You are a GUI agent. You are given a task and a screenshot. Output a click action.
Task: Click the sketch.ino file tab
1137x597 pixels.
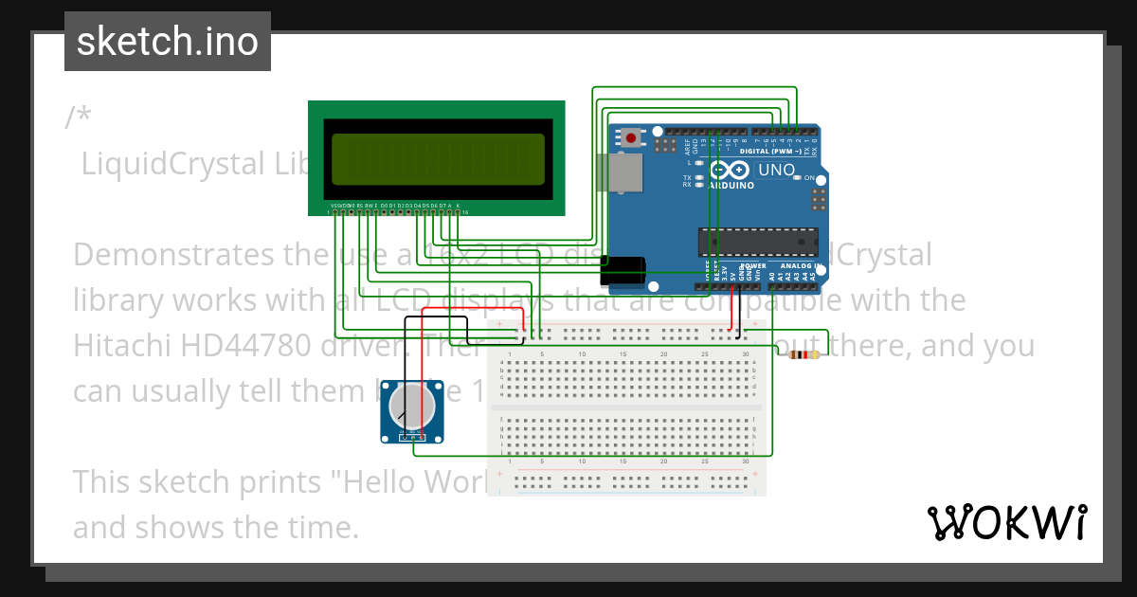pos(168,42)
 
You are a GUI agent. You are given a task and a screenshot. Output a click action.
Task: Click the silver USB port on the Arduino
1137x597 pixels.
pos(623,174)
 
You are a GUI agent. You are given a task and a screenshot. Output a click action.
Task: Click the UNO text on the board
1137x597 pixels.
pos(776,171)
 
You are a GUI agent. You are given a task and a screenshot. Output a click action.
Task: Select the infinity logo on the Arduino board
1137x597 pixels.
pos(728,172)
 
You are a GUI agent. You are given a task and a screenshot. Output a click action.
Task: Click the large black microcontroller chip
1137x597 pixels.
pos(757,243)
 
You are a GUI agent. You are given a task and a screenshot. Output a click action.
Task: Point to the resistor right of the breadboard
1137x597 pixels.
pos(803,355)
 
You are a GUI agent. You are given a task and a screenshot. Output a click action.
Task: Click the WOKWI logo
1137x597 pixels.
pos(1006,522)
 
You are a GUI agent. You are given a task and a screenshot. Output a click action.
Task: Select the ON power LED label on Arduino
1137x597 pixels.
pos(809,178)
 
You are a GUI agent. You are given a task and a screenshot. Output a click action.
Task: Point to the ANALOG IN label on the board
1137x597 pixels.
pos(797,266)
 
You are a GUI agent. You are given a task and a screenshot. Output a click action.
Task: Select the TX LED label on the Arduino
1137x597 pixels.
pos(687,177)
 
